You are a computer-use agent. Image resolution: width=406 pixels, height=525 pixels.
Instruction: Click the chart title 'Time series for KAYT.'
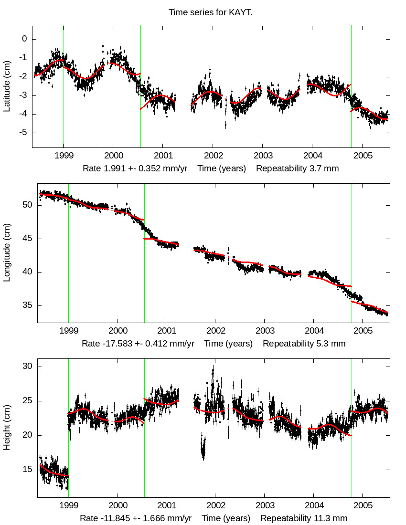(211, 12)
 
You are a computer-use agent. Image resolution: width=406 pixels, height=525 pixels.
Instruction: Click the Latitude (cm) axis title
(7, 86)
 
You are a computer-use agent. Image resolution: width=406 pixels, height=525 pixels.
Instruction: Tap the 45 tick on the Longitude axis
(27, 239)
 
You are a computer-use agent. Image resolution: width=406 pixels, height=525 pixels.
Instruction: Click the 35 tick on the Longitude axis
(27, 305)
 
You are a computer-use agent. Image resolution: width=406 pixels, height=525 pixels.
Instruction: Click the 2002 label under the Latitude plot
(212, 157)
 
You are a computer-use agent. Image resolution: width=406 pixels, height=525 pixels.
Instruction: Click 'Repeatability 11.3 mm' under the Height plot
(304, 518)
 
